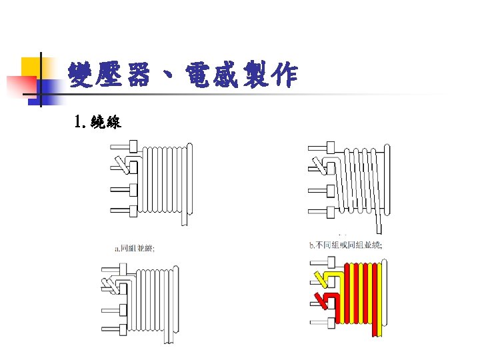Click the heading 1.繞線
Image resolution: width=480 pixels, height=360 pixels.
[x=97, y=122]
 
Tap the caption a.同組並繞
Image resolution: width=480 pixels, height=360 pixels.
[x=135, y=248]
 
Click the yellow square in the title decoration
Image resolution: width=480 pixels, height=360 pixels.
[x=31, y=67]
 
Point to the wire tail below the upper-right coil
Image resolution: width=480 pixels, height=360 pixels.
[x=378, y=220]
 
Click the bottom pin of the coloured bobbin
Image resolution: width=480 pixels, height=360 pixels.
[x=323, y=325]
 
